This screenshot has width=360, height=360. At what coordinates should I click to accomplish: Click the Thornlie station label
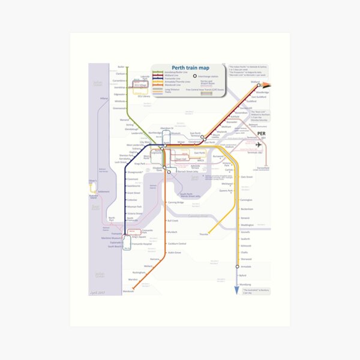pyautogui.click(x=203, y=235)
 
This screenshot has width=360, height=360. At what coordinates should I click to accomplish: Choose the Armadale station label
pyautogui.click(x=247, y=266)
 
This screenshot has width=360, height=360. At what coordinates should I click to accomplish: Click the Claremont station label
pyautogui.click(x=133, y=179)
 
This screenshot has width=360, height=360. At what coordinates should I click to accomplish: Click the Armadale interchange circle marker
pyautogui.click(x=235, y=266)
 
